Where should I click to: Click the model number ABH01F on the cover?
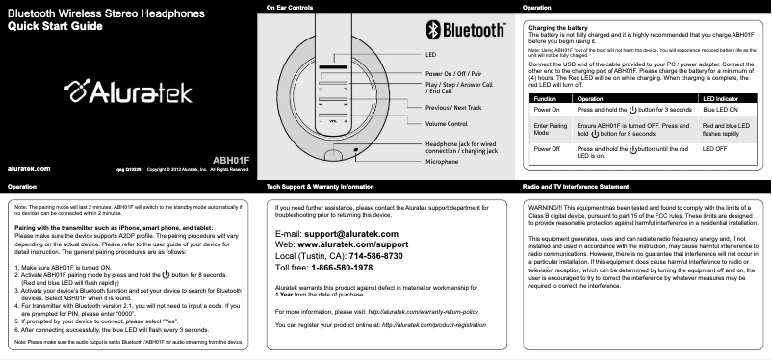click(x=230, y=158)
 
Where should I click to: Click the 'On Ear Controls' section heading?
click(x=289, y=8)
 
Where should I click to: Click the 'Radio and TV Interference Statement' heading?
click(x=575, y=185)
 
